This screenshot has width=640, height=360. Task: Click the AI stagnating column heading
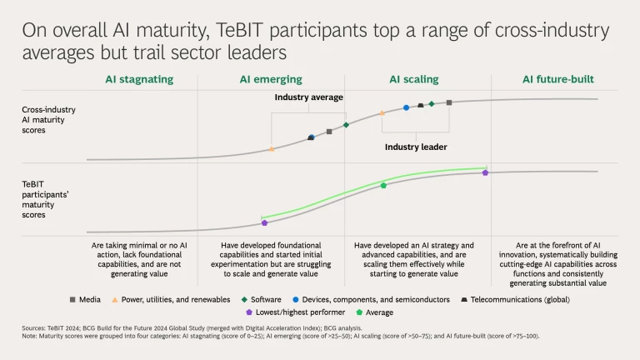(x=139, y=80)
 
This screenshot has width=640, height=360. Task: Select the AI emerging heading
(x=268, y=80)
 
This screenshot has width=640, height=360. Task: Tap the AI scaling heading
(x=413, y=80)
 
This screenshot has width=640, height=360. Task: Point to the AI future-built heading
(x=559, y=80)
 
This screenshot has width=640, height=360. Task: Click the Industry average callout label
(x=310, y=97)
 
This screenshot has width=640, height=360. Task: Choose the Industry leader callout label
(x=416, y=147)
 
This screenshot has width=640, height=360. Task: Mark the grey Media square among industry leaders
(x=449, y=102)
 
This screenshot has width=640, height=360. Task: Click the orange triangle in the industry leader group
(x=382, y=112)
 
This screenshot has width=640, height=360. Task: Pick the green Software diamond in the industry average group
(x=346, y=125)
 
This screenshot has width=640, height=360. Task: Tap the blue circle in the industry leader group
(x=406, y=107)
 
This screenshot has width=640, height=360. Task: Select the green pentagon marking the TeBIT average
(x=383, y=185)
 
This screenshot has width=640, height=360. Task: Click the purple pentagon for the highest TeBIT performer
(x=485, y=172)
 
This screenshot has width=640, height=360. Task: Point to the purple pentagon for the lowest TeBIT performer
(x=264, y=222)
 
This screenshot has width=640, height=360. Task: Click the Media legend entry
(x=85, y=298)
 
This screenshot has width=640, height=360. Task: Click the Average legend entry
(x=379, y=312)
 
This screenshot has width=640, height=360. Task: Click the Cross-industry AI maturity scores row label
(x=47, y=120)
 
